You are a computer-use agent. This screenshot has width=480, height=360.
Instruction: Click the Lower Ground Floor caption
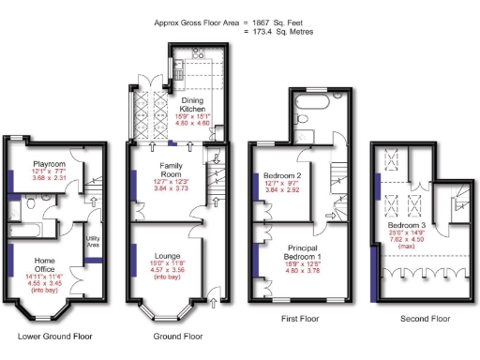(55, 336)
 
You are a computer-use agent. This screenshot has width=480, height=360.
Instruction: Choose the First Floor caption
(301, 320)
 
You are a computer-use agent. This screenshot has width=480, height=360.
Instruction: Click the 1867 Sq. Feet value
(277, 21)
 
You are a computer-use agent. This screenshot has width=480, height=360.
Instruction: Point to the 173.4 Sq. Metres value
(284, 31)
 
